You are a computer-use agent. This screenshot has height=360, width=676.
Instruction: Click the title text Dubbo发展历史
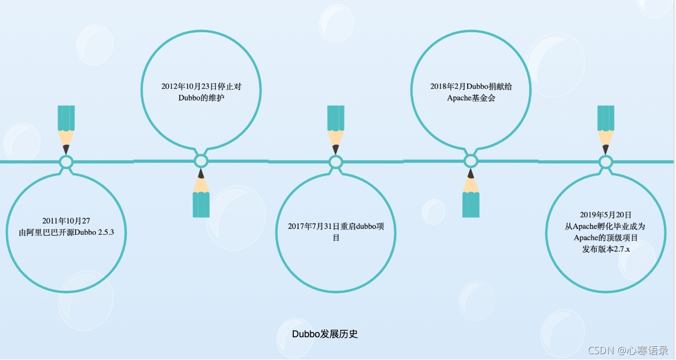click(325, 334)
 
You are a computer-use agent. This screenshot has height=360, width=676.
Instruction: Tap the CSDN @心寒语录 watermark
click(628, 350)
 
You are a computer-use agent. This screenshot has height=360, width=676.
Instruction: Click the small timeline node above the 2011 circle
click(66, 162)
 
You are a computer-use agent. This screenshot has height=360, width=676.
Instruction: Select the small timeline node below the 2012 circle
click(201, 161)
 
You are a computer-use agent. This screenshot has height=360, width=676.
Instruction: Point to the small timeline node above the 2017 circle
click(336, 162)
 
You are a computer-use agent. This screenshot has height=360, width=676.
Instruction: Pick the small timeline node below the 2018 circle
click(471, 161)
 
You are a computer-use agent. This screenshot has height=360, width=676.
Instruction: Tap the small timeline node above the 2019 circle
click(606, 162)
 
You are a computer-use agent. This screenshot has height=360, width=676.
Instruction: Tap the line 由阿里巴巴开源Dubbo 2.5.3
click(66, 233)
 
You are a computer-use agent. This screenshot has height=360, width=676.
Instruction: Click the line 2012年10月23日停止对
click(201, 86)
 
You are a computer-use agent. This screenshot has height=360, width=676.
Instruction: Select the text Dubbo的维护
click(201, 98)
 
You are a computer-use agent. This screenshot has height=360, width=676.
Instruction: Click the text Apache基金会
click(471, 98)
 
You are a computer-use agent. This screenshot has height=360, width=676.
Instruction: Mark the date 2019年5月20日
click(606, 215)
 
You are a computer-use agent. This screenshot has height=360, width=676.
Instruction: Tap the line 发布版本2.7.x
click(606, 249)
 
